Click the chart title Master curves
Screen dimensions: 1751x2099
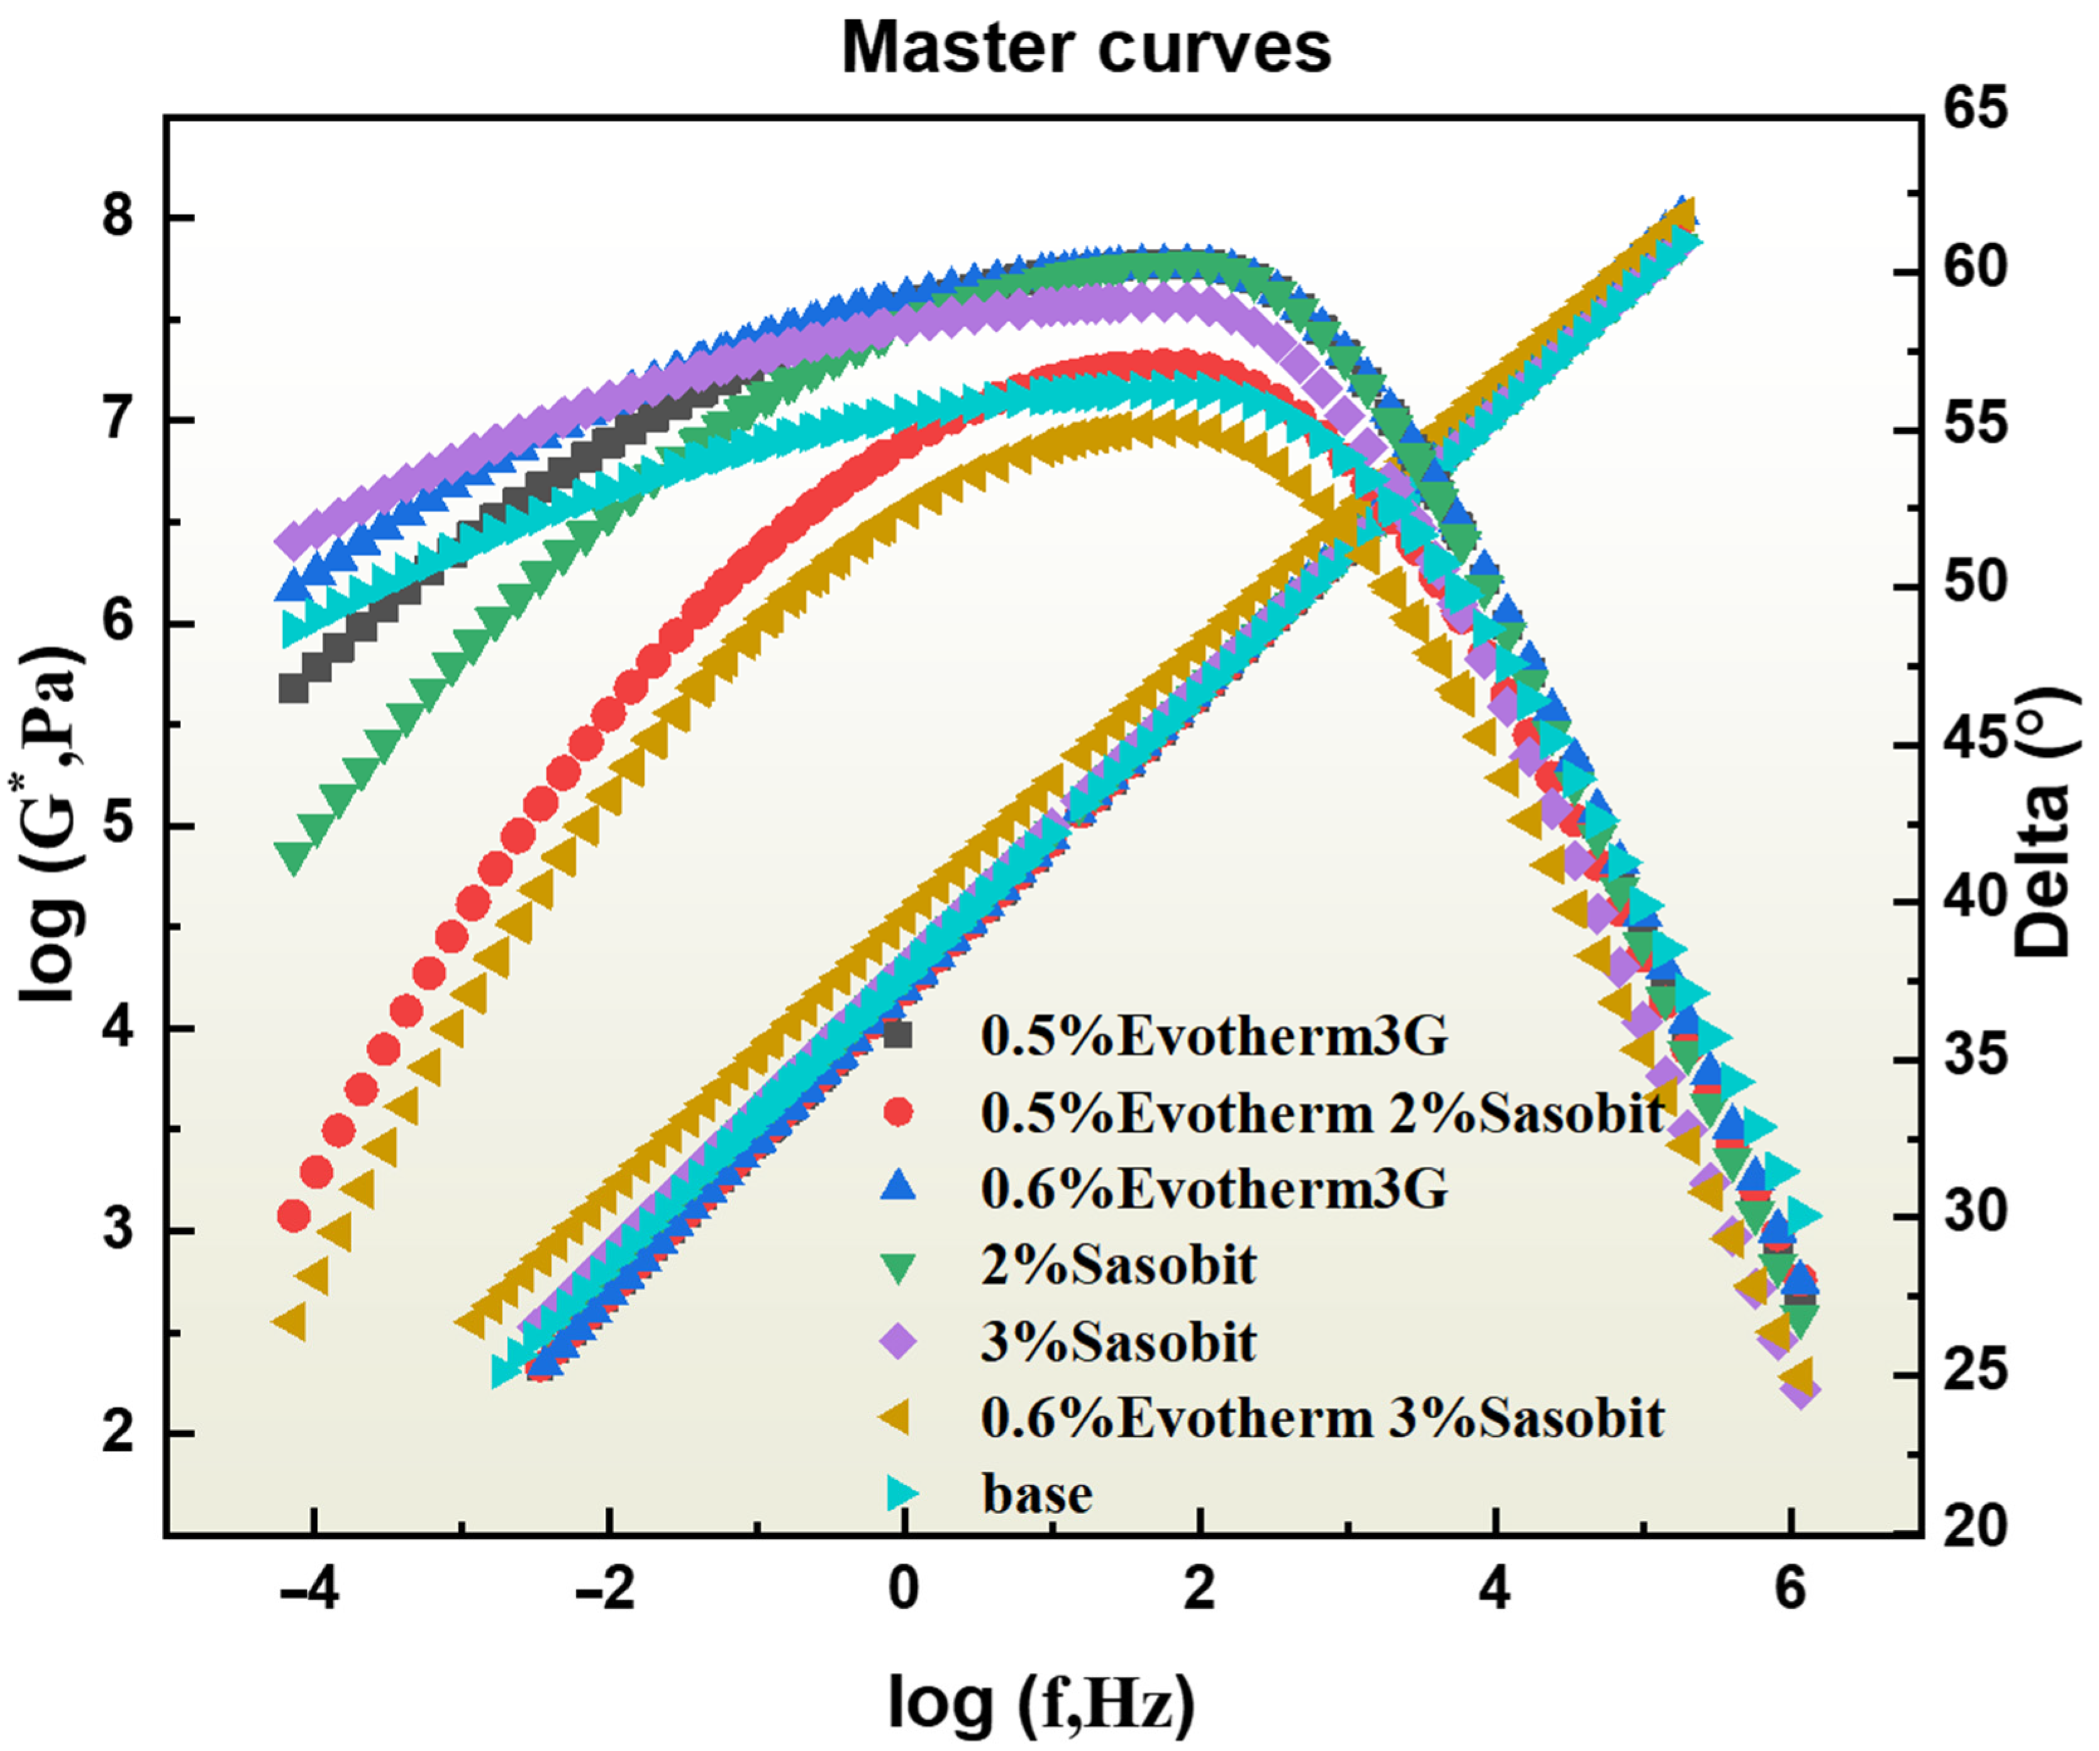[1087, 48]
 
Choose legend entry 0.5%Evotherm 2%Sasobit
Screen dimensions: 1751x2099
[1321, 1112]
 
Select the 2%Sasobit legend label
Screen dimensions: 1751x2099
[1117, 1265]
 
